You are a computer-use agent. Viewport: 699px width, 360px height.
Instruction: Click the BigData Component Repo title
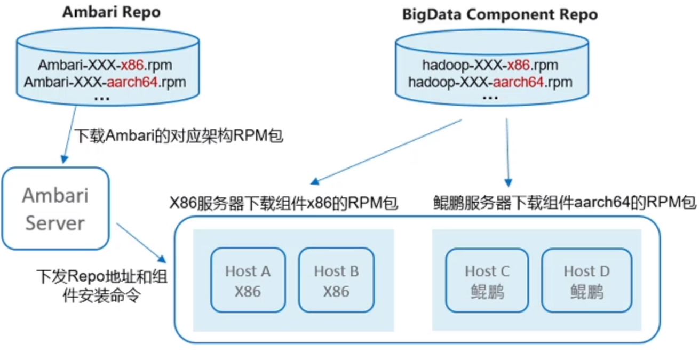coord(499,14)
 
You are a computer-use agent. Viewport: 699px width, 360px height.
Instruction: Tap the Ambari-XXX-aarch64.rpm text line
coord(105,82)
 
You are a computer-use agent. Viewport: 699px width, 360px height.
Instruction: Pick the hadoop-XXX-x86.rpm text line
coord(490,66)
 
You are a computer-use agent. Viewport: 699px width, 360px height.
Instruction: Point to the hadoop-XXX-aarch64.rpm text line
coord(490,82)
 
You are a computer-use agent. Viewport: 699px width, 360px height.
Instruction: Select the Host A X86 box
coord(248,280)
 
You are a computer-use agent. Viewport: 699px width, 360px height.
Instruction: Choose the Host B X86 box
coord(336,280)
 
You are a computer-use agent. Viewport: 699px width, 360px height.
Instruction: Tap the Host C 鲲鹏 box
coord(487,280)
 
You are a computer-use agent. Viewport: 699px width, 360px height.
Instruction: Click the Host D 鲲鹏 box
coord(586,280)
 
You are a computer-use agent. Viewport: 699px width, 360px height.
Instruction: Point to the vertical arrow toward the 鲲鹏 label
coord(507,152)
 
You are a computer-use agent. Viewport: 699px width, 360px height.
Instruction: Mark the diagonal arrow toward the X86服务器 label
coord(386,152)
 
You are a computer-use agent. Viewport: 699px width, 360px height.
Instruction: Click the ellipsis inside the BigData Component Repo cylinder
coord(490,98)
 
